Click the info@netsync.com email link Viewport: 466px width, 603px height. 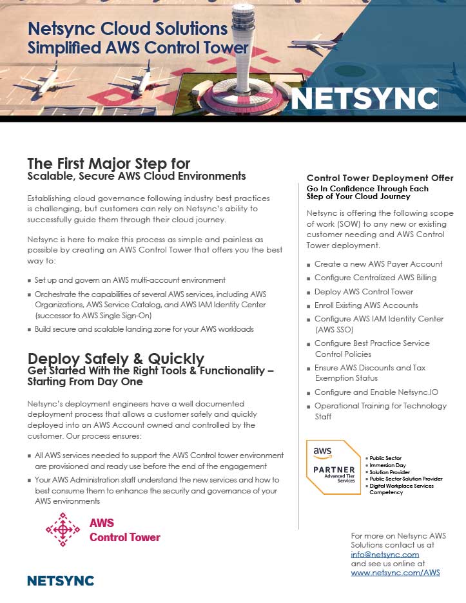385,554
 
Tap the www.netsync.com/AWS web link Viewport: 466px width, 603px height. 395,572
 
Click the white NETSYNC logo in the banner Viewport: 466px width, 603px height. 364,99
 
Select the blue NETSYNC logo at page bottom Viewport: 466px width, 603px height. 61,580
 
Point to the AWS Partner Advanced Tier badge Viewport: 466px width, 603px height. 333,466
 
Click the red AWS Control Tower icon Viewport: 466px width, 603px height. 63,530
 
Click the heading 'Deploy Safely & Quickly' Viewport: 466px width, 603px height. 116,359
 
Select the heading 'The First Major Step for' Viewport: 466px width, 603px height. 109,163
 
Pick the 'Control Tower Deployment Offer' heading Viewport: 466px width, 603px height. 380,178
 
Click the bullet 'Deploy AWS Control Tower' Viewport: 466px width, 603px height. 364,291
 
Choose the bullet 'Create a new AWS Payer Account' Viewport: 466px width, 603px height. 378,264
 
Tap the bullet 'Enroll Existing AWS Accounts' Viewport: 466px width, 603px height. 366,305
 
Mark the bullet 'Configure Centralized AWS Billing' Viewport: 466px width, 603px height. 375,278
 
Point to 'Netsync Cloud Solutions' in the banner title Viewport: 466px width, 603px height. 128,29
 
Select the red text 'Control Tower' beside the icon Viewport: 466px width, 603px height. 124,537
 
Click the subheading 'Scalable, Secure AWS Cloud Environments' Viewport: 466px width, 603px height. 137,176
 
